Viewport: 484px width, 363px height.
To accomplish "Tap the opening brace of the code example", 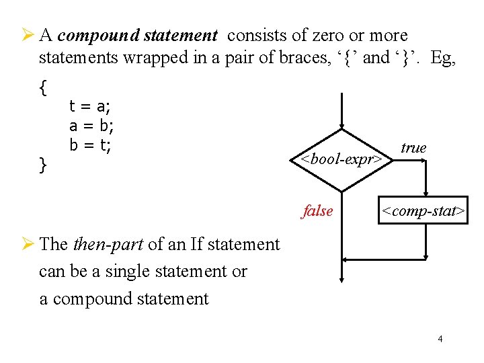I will tap(43, 87).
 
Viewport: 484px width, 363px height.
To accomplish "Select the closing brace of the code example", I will tap(43, 164).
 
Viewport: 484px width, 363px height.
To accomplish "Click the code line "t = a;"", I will tap(91, 106).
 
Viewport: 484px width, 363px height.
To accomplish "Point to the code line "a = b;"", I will tap(91, 126).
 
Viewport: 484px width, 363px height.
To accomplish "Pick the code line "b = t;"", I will tap(90, 145).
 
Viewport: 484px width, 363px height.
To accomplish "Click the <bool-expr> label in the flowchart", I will tap(342, 160).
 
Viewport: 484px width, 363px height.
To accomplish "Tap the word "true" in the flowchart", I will tap(413, 148).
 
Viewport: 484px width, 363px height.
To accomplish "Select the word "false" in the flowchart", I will tap(317, 211).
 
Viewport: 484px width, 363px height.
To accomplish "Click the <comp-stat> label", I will tap(423, 212).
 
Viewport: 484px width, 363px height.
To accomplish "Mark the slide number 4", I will tap(440, 339).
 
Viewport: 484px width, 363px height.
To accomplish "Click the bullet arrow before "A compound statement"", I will tap(28, 35).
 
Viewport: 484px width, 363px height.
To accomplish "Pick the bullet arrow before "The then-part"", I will tap(28, 244).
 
